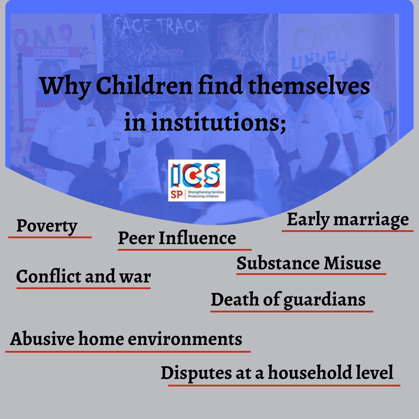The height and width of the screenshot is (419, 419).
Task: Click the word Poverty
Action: tap(46, 226)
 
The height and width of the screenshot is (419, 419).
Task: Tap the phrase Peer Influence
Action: tap(177, 238)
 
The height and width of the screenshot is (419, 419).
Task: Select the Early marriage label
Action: tap(347, 220)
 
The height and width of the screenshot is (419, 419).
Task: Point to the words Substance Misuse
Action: tap(309, 263)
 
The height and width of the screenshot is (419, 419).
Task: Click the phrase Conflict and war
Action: tap(83, 277)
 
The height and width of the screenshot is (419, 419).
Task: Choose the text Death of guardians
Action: tap(288, 300)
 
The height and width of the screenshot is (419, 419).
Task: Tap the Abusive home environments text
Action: tap(126, 339)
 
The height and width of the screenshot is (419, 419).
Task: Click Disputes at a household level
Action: tap(277, 373)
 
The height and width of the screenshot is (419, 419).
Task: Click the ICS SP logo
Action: tap(197, 180)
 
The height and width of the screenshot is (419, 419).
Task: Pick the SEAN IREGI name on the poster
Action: tap(51, 53)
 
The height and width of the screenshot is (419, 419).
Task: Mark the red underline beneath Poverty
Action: tap(50, 237)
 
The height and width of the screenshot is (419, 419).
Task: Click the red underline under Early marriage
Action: tap(347, 231)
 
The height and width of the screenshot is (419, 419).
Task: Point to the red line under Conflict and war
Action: tap(83, 288)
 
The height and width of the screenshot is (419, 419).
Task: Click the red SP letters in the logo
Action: tap(177, 195)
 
